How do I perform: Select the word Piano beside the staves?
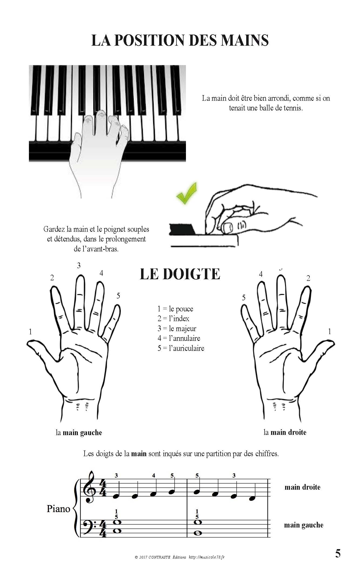click(58, 509)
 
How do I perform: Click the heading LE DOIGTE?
click(180, 274)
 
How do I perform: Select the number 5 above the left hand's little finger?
click(118, 296)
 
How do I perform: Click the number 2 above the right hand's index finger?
click(308, 278)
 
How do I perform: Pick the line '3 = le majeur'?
click(177, 328)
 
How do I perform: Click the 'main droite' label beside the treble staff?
click(302, 487)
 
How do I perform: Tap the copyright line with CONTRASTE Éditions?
click(179, 557)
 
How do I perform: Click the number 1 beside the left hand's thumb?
click(30, 332)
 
